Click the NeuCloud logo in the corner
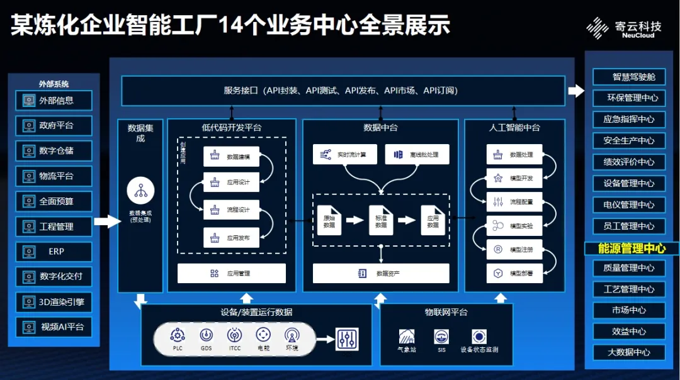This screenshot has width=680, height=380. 623,29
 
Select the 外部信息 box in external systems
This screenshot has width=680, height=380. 54,101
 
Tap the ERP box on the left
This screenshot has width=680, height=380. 54,252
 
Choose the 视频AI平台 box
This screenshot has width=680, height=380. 54,327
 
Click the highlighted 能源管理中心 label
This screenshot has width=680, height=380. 632,249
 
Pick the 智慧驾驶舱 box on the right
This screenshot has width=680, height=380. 629,77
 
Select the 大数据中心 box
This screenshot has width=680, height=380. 629,352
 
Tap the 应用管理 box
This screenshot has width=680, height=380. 232,274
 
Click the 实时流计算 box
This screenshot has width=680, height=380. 344,155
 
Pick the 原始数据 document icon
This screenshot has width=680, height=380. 329,220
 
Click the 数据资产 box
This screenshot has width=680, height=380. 381,274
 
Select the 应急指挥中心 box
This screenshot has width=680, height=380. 629,120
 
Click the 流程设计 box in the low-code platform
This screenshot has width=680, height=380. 231,209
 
